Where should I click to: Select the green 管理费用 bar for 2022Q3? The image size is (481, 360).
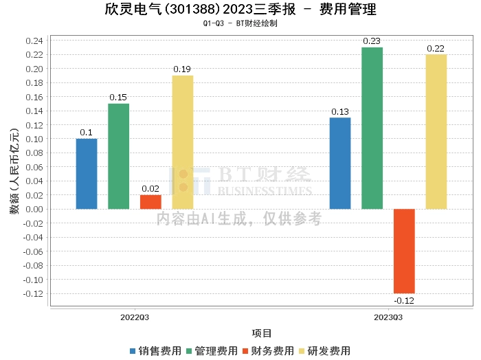(118, 157)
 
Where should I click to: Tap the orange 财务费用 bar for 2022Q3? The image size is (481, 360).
(150, 202)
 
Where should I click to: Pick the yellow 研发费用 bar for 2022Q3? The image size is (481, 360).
(182, 142)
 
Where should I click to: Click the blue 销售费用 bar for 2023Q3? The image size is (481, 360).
(340, 164)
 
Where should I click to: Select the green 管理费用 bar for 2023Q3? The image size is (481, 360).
(372, 128)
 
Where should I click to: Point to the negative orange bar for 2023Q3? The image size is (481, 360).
(404, 251)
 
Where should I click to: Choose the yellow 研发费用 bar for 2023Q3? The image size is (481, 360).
(436, 132)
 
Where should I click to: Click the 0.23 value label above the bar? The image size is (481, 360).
(372, 41)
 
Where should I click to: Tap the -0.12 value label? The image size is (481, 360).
(404, 300)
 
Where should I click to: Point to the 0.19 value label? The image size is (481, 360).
(182, 69)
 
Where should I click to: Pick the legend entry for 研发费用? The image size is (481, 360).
(324, 350)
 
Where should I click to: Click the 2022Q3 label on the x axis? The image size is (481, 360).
(135, 317)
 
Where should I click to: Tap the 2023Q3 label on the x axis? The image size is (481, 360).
(388, 317)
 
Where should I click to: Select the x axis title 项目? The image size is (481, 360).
(262, 333)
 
